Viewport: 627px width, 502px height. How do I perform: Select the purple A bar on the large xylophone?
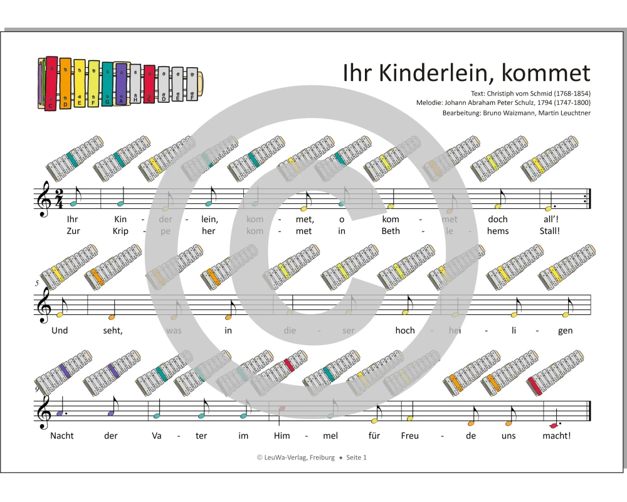tap(121, 82)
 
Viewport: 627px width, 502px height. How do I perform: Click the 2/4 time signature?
tap(58, 197)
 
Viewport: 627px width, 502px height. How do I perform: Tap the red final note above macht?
tap(552, 425)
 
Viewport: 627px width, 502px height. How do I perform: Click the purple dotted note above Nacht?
tap(60, 414)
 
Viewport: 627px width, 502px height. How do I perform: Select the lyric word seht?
tap(113, 331)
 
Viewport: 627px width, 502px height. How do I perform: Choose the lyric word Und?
tap(60, 331)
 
